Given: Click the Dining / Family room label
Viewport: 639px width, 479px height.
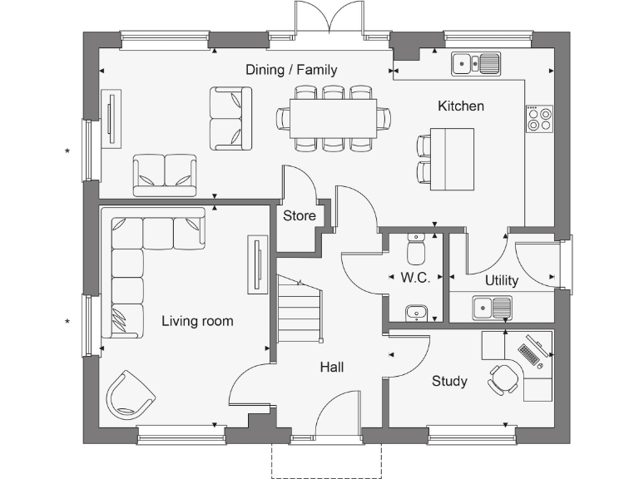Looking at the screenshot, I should click(x=291, y=70).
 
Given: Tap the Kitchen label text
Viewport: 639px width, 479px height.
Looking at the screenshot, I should click(x=461, y=106).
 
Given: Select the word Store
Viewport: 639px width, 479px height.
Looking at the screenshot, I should click(x=300, y=216).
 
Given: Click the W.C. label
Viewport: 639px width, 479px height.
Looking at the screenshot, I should click(x=415, y=278).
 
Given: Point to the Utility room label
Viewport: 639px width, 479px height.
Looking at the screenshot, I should click(x=501, y=280).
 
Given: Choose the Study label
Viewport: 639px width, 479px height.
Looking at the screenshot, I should click(x=449, y=382).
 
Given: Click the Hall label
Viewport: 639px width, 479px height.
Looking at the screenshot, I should click(x=331, y=367).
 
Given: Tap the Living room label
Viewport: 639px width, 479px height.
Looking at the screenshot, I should click(x=197, y=321).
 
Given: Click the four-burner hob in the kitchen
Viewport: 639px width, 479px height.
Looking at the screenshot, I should click(x=539, y=119).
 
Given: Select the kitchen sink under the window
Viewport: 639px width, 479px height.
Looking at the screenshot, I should click(x=475, y=62).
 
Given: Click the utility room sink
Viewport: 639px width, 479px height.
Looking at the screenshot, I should click(x=492, y=309).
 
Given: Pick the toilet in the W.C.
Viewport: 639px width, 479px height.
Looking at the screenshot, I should click(x=418, y=249).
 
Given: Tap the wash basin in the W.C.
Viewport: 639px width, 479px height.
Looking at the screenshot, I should click(x=418, y=313).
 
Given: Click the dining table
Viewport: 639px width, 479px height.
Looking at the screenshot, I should click(x=333, y=118).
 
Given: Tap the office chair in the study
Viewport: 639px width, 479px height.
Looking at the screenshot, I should click(x=503, y=378).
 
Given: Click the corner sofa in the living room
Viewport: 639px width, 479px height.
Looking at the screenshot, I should click(x=133, y=258).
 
